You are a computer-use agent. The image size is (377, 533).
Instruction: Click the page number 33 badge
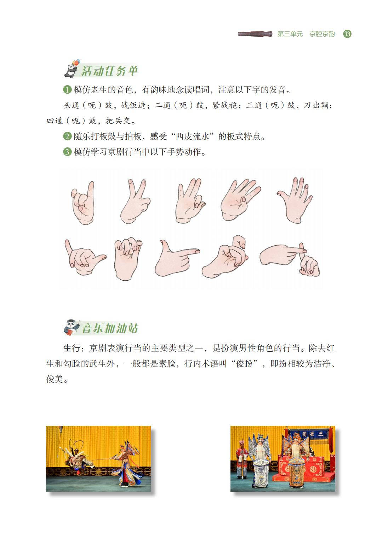[x=347, y=34]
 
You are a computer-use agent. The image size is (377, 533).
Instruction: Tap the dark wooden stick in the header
[x=255, y=34]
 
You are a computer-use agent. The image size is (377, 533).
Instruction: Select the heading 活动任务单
[x=109, y=71]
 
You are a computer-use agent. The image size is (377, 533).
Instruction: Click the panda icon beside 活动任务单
[x=72, y=69]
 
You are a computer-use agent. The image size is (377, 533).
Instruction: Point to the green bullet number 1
[x=67, y=90]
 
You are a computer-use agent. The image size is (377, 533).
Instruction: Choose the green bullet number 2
[x=67, y=136]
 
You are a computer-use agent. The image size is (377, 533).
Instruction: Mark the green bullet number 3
[x=67, y=152]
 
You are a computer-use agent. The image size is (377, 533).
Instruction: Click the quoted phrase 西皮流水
[x=192, y=136]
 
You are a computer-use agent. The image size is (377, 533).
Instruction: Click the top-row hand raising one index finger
[x=83, y=203]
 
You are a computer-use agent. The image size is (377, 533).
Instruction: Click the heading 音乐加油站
[x=110, y=328]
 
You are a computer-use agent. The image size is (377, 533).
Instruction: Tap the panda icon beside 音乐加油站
[x=72, y=327]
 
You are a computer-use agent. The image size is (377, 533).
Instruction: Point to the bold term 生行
[x=72, y=348]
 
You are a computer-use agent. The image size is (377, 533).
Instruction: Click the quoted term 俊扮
[x=244, y=364]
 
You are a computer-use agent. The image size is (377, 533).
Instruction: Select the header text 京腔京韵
[x=322, y=34]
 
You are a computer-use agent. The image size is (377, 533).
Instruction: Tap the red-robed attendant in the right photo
[x=242, y=459]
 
